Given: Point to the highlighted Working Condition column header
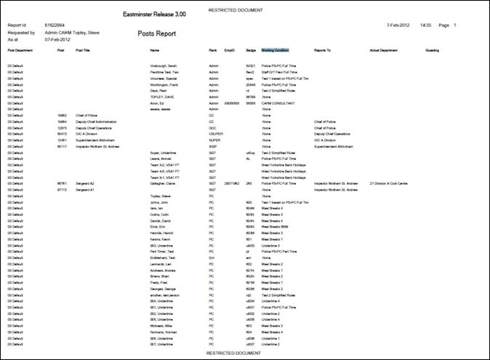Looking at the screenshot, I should click(275, 51).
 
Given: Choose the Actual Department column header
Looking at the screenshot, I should click(385, 51).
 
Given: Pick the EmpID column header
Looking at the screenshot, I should click(230, 51).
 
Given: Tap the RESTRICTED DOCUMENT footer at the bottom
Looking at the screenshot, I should click(233, 353).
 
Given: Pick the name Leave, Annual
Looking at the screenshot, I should click(161, 159).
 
